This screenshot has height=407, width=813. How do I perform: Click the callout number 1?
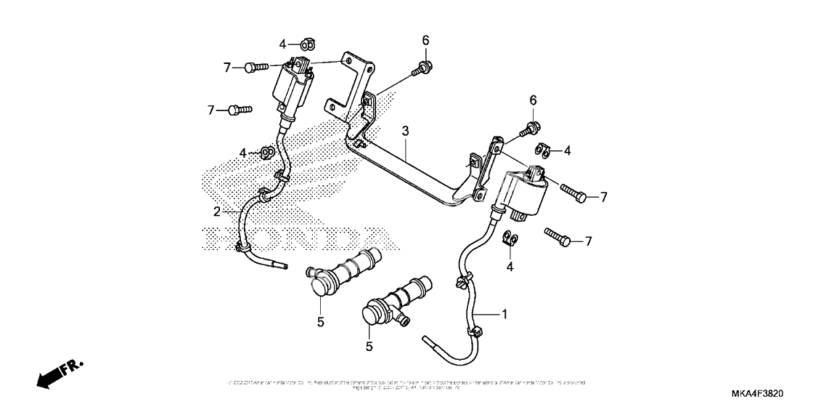(x=503, y=314)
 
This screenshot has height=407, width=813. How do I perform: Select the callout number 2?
(x=216, y=211)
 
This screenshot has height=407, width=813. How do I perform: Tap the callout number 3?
(x=406, y=132)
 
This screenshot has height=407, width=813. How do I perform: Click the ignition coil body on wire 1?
(x=524, y=190)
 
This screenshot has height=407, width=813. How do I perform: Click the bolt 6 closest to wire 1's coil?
(x=529, y=131)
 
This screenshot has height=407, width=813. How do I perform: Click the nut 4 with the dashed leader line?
(x=266, y=152)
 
